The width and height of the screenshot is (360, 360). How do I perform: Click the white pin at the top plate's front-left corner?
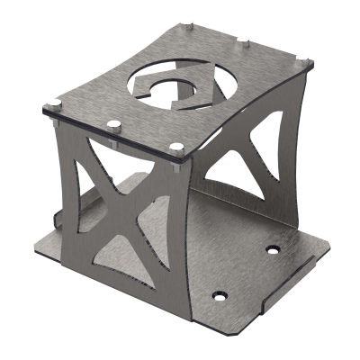pos(55,101)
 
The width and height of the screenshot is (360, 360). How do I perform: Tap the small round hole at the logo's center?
pos(183,87)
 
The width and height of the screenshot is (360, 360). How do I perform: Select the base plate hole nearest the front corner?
pos(218,293)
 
